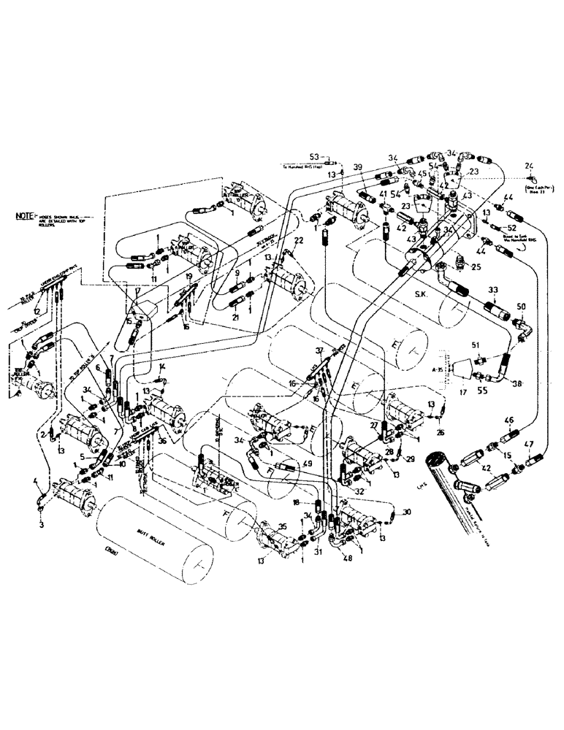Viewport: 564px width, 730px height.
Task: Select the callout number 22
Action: pos(299,241)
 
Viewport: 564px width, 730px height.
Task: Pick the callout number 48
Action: pos(345,560)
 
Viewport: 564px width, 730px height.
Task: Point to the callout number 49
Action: pos(308,463)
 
